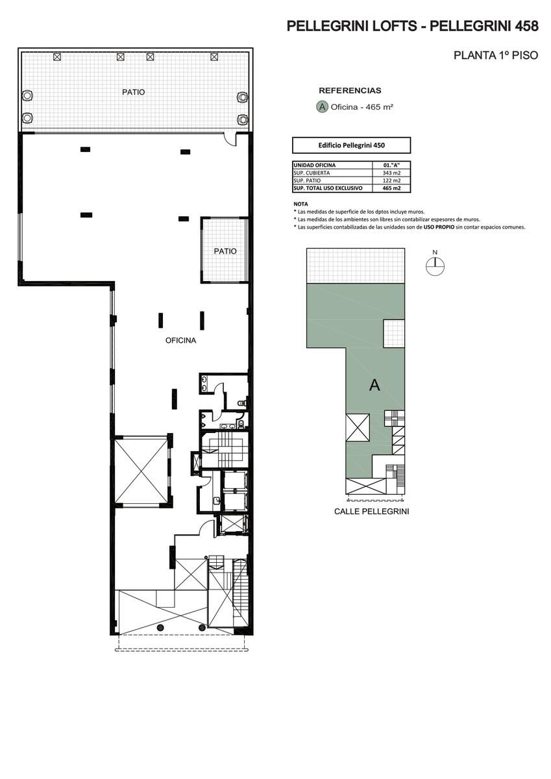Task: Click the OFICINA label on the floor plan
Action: click(x=180, y=340)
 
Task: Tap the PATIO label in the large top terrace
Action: click(x=134, y=92)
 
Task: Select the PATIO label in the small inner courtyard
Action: click(x=225, y=251)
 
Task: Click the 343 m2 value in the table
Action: click(x=391, y=173)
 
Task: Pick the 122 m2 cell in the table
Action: click(x=391, y=180)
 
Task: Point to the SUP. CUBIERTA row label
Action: click(x=312, y=173)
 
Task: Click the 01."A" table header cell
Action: click(x=391, y=165)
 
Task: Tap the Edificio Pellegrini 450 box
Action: click(x=352, y=145)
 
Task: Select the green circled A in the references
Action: click(x=322, y=106)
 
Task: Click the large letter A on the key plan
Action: click(x=374, y=386)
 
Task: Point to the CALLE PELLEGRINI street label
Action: click(x=371, y=512)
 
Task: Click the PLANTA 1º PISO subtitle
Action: click(x=496, y=55)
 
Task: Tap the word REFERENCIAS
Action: click(x=350, y=91)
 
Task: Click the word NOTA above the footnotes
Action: click(x=300, y=204)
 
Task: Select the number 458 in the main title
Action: click(x=527, y=27)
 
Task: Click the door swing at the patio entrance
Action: click(x=230, y=139)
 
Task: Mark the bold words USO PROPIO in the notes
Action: click(x=439, y=227)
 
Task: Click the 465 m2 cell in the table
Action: click(x=391, y=188)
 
